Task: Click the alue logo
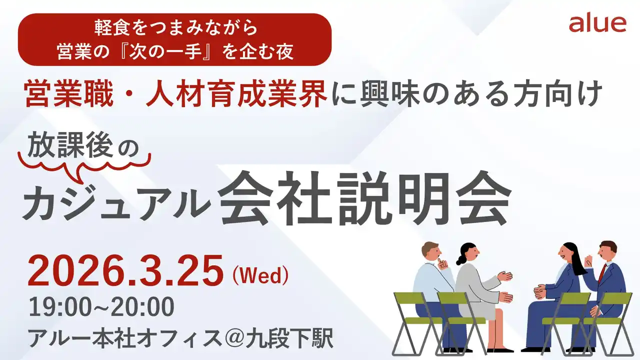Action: [x=597, y=23]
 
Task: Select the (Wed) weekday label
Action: [x=260, y=275]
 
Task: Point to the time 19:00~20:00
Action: [x=101, y=306]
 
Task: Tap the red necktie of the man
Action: [x=602, y=273]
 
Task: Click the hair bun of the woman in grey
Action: [x=459, y=260]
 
